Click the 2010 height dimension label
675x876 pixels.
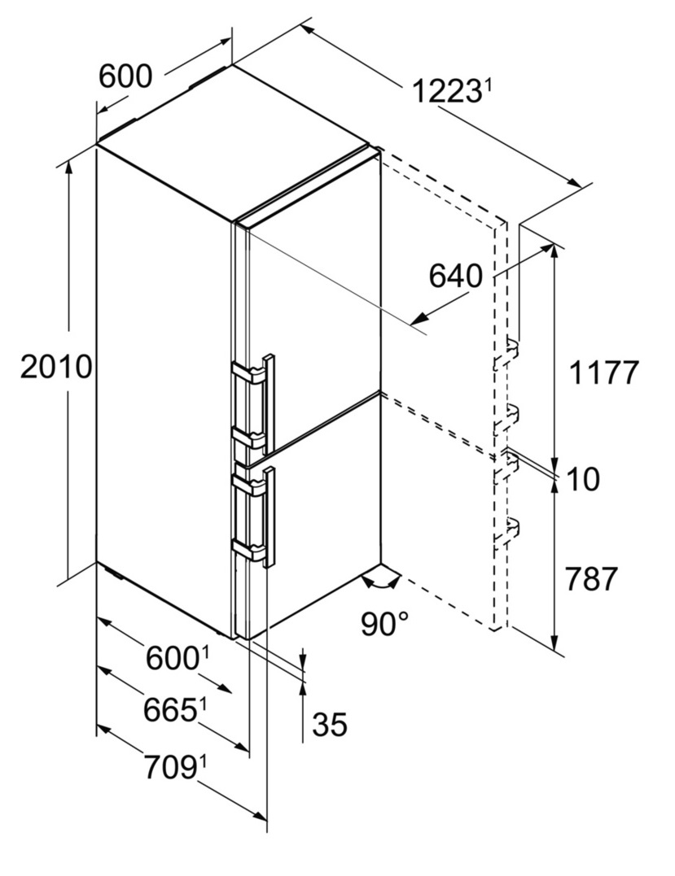tap(55, 368)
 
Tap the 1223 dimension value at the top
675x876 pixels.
tap(445, 92)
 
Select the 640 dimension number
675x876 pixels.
tap(455, 276)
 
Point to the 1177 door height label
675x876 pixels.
tap(603, 373)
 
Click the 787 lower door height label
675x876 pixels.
tap(590, 579)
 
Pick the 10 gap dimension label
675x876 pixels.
tap(583, 479)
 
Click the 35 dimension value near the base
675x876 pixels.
tap(330, 724)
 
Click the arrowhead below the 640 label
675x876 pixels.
tap(419, 319)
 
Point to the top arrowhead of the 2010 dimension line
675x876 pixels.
tap(69, 167)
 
